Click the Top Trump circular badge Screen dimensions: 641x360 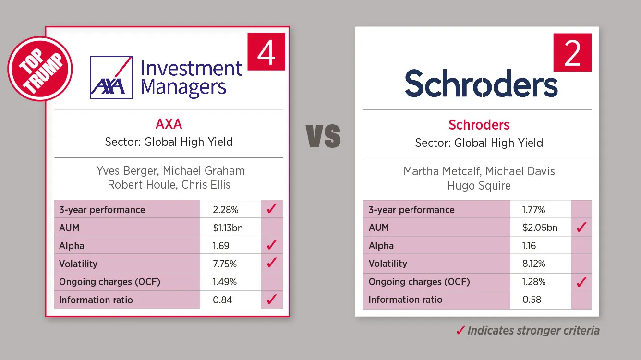click(40, 69)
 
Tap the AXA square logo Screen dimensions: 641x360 click(111, 77)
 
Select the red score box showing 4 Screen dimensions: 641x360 click(266, 51)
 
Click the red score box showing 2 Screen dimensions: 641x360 click(572, 52)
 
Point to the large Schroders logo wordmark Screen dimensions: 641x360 click(481, 83)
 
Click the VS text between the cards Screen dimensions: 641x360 click(323, 136)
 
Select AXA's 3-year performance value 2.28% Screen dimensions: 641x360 click(226, 210)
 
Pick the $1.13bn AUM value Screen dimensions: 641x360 click(228, 228)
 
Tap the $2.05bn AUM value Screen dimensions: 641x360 click(540, 228)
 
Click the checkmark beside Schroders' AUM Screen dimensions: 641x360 click(581, 227)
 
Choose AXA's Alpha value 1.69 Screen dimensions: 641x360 click(221, 246)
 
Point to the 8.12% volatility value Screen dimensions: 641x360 click(534, 264)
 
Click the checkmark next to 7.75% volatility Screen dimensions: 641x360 click(272, 262)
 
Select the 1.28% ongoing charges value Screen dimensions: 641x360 click(534, 282)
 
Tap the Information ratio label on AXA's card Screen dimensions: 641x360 click(96, 300)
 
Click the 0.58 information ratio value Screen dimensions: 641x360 click(532, 300)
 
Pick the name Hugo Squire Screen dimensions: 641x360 click(479, 186)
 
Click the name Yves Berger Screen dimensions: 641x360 click(127, 171)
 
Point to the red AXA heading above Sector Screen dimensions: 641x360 click(169, 124)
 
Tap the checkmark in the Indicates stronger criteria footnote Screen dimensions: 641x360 click(460, 331)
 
